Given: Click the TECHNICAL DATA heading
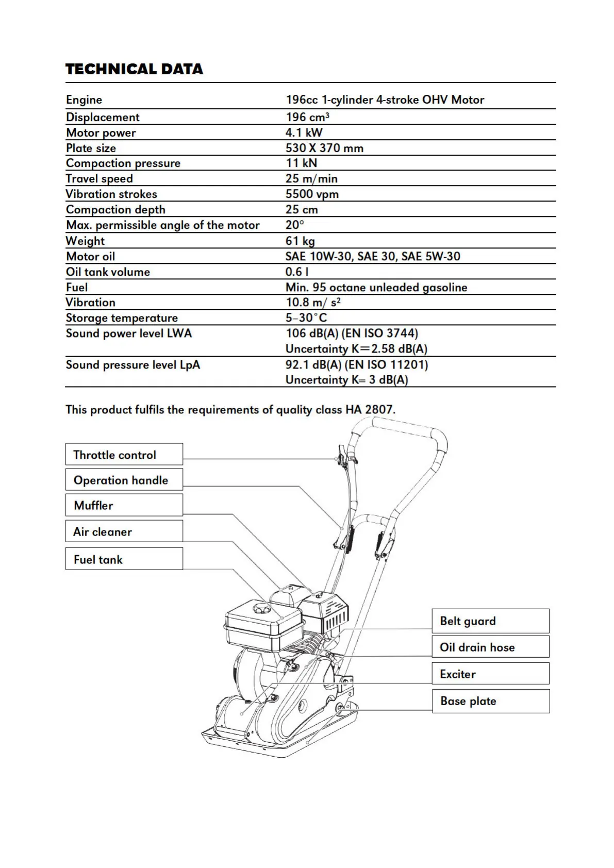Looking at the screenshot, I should coord(134,69).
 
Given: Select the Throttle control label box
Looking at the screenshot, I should coord(124,454).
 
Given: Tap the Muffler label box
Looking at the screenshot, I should coord(124,505).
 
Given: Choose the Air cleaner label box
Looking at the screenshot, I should coord(124,531).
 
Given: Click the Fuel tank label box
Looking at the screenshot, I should coord(124,559).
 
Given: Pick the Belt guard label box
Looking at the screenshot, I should coord(490,621).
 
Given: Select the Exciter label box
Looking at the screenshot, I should coord(490,674).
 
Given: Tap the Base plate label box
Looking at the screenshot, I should coord(490,701).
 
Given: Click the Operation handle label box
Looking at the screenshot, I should coord(124,480).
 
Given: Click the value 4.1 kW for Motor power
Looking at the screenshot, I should coord(304,132).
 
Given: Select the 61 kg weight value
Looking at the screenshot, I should coord(300,241).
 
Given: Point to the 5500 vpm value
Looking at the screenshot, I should coord(312,194).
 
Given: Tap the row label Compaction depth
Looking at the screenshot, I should coord(115,210).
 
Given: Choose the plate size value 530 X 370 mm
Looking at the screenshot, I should coord(324,148).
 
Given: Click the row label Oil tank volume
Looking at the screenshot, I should coord(108,272).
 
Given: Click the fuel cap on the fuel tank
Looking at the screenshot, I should coord(261,609).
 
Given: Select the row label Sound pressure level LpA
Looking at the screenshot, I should coord(132,365).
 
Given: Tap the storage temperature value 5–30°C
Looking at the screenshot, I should coord(306,318).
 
